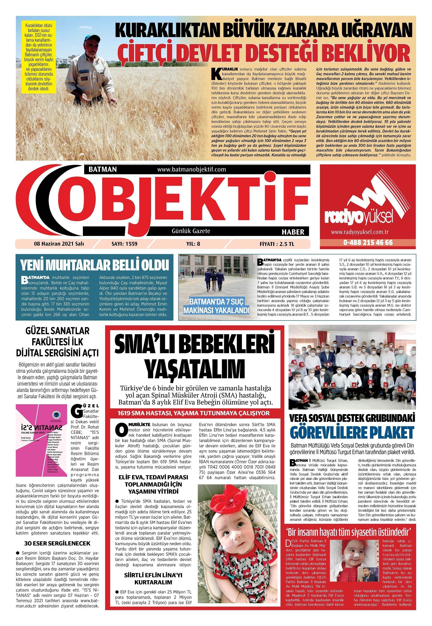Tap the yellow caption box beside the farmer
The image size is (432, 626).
click(x=39, y=57)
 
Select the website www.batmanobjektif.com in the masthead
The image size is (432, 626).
click(x=191, y=169)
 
